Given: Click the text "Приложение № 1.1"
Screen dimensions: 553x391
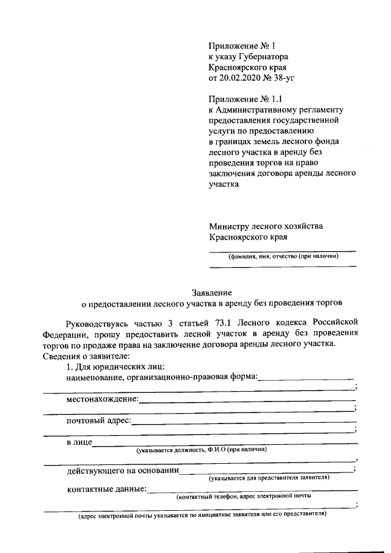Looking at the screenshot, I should (247, 99).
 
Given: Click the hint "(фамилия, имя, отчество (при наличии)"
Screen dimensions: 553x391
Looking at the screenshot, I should (283, 256).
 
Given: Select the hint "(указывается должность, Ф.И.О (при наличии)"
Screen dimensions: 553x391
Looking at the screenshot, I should (202, 450).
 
